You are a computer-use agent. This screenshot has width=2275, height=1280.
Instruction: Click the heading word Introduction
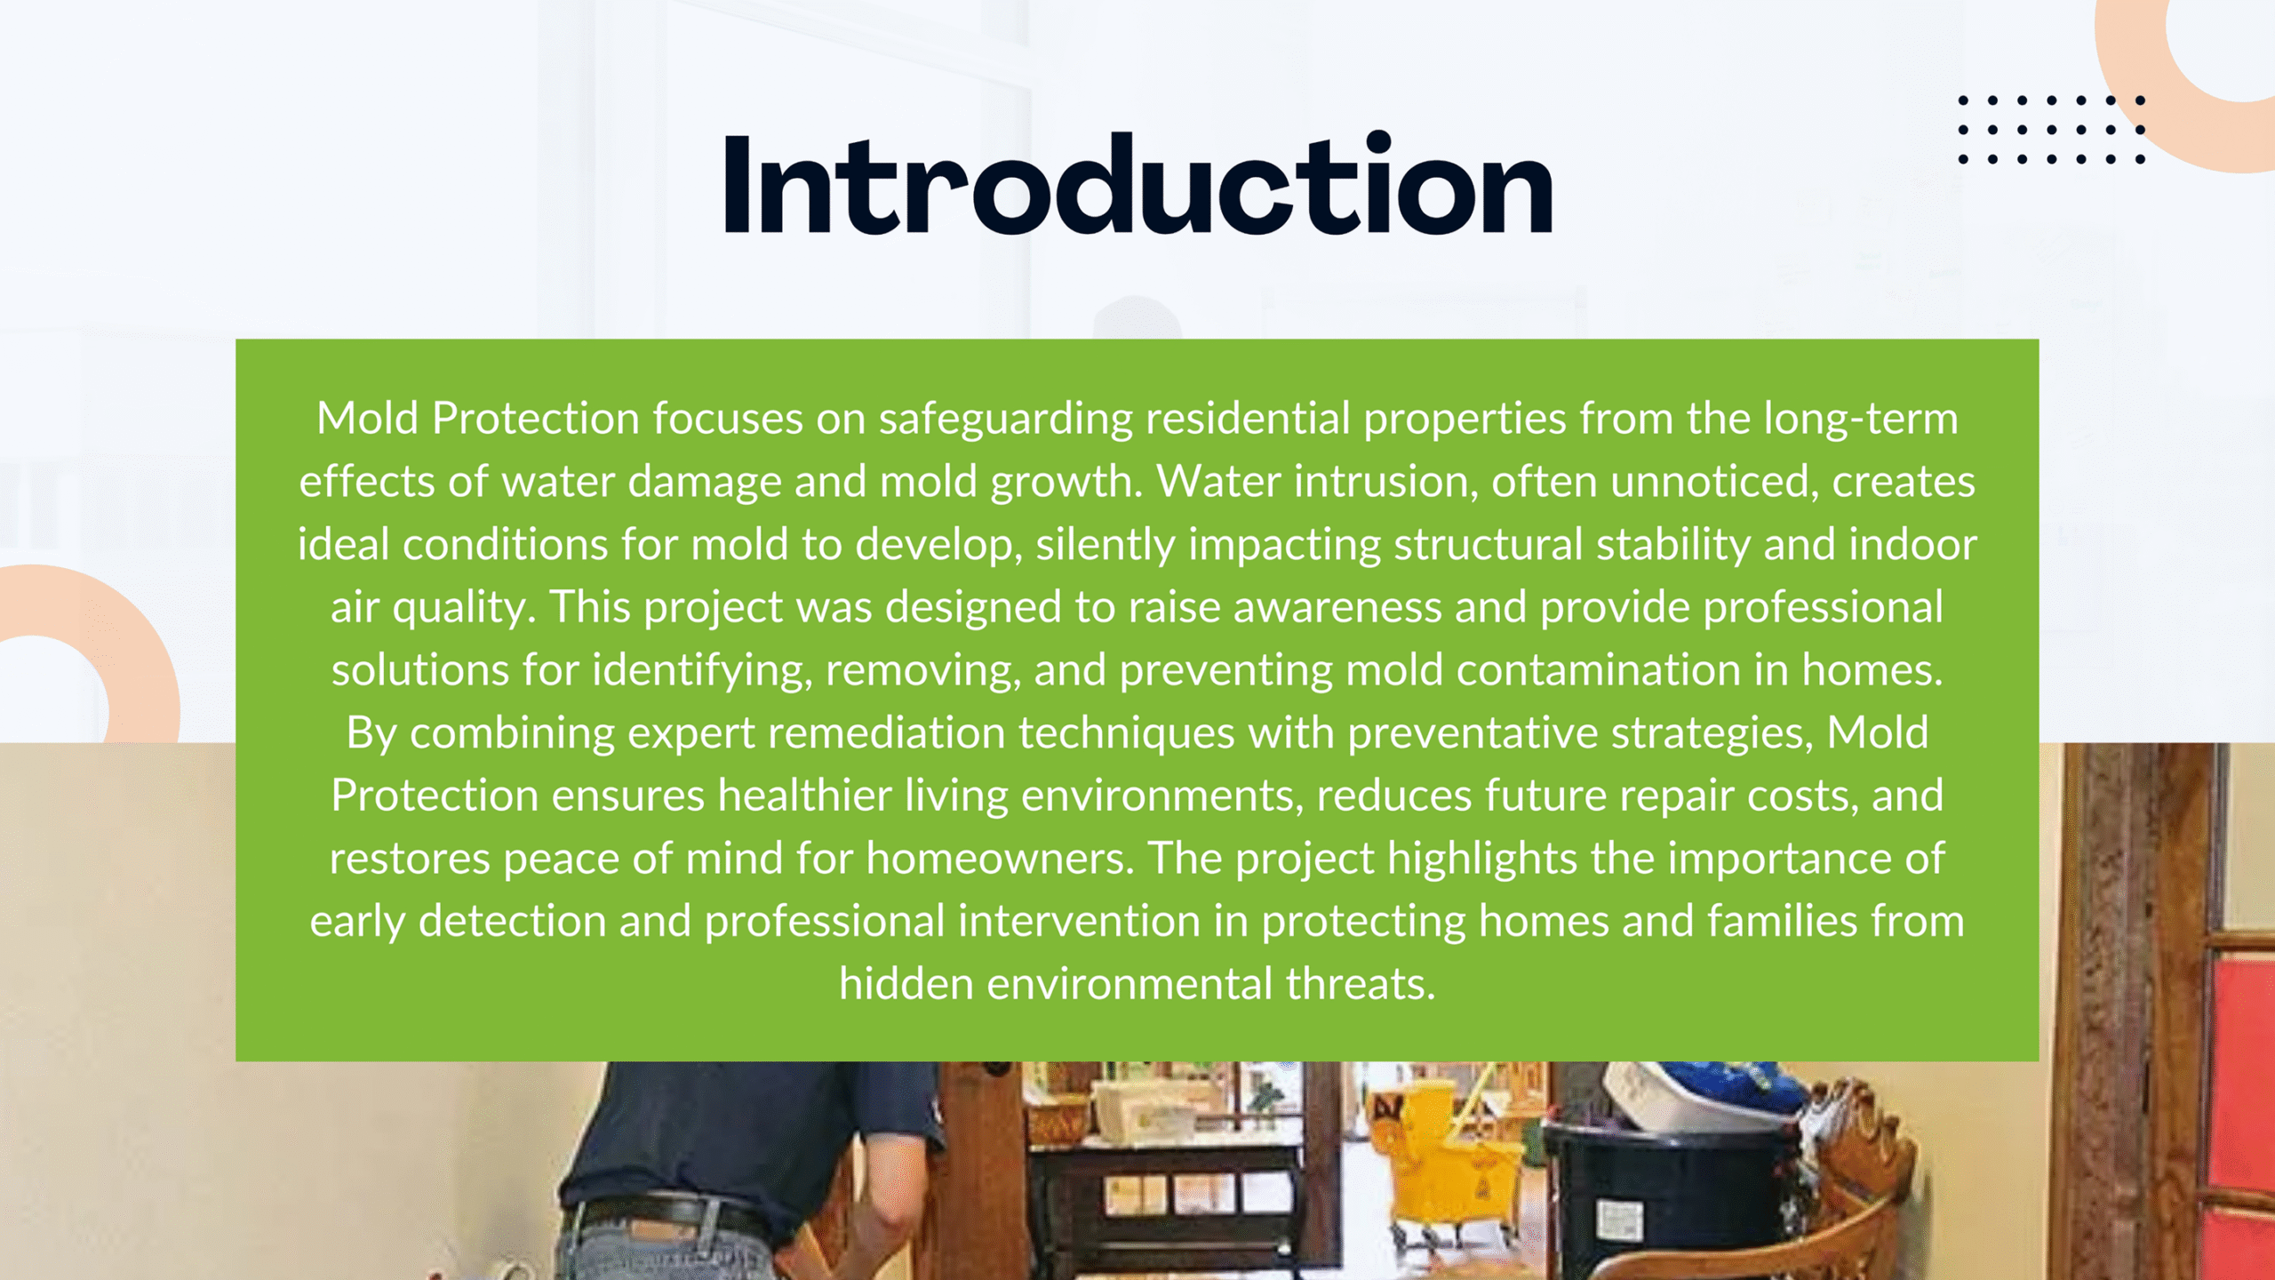(1138, 184)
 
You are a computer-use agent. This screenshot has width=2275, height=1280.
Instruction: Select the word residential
(1248, 418)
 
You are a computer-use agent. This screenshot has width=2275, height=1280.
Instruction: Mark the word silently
(1106, 545)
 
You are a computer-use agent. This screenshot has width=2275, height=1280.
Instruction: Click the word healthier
(804, 796)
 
